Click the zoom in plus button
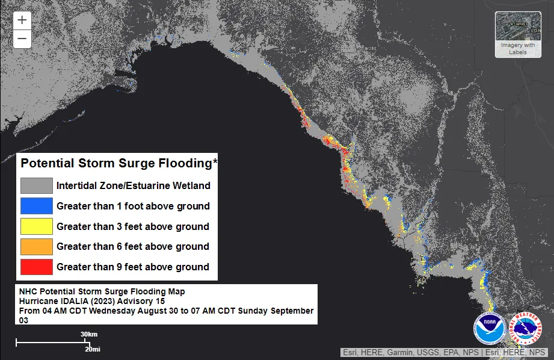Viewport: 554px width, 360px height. pos(22,20)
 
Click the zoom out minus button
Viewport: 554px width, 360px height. pos(22,39)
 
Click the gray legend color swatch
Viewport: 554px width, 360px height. pos(36,185)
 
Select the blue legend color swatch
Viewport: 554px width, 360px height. pos(36,206)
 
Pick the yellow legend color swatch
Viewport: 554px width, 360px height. pos(36,226)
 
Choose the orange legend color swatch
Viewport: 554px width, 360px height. pos(36,246)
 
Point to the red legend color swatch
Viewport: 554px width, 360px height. pos(36,267)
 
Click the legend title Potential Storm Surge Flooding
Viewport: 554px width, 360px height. pos(118,163)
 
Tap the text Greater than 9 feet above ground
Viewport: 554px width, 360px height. pos(133,267)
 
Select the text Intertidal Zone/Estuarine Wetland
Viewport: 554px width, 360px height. pos(133,185)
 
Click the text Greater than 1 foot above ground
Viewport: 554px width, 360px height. pos(133,206)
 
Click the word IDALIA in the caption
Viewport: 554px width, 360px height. pos(73,300)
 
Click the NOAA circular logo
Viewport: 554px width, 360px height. pos(488,328)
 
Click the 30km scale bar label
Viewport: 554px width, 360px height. pos(88,334)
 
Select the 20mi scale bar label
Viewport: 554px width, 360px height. pos(92,349)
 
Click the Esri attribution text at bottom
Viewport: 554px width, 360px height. pos(444,352)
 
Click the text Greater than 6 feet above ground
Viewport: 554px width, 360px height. pos(133,246)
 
